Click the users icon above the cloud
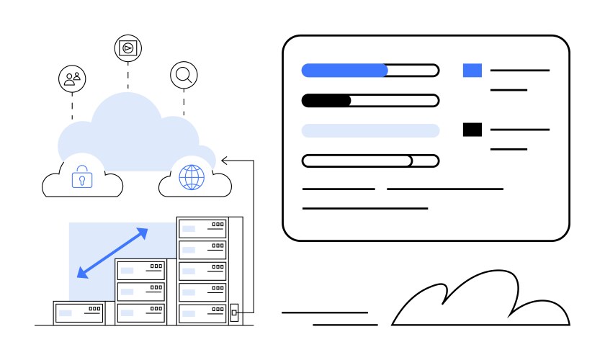[x=72, y=78]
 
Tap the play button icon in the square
[x=128, y=48]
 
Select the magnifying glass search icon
[x=184, y=74]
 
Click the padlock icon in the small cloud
[x=82, y=176]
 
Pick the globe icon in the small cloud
[x=192, y=177]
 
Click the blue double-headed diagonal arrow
[x=112, y=253]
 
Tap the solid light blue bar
[x=369, y=130]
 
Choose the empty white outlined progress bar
[x=369, y=161]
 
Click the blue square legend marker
[x=472, y=71]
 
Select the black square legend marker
[x=472, y=130]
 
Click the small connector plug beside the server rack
[x=234, y=313]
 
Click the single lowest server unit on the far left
[x=79, y=312]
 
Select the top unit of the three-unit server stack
[x=141, y=270]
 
